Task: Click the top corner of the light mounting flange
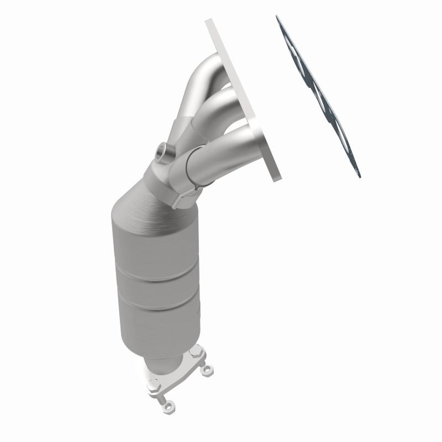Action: click(x=209, y=22)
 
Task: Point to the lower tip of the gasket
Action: click(x=359, y=176)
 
